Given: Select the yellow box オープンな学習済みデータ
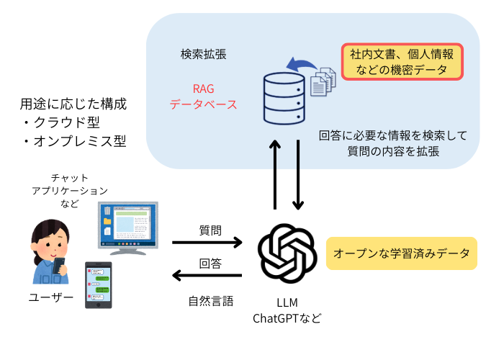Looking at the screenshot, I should [402, 253].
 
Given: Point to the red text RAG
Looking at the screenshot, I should [204, 89].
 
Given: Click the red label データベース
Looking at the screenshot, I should [204, 105].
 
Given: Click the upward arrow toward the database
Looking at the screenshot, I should [274, 174].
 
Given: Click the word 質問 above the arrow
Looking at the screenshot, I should [210, 230].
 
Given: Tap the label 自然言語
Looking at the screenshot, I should [211, 301].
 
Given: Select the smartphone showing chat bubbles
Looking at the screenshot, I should [99, 285].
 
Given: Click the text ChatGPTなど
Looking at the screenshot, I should [287, 318].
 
